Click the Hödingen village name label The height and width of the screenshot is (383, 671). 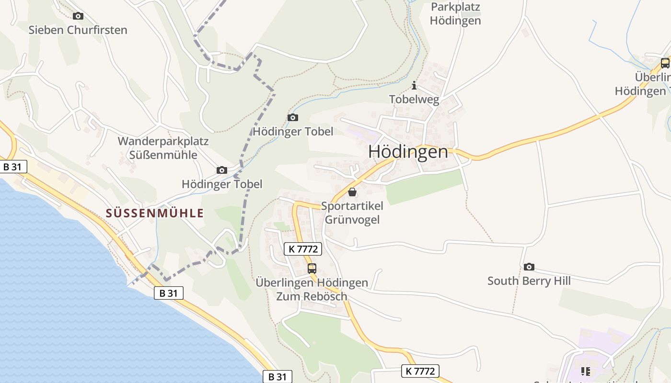point(408,152)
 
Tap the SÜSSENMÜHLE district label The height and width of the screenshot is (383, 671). point(155,213)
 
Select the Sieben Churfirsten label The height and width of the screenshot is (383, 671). point(78,30)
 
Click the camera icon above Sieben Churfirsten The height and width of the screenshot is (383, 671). point(78,16)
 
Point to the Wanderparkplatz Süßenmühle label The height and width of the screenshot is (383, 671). point(163,148)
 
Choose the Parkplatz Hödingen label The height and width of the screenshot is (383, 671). point(455,14)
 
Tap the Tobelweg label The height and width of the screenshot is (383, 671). point(414,99)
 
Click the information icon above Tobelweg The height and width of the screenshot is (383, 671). point(414,86)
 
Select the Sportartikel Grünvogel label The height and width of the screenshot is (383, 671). point(352,213)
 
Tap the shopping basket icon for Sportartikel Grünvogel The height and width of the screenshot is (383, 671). point(352,192)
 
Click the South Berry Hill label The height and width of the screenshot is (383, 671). point(529,281)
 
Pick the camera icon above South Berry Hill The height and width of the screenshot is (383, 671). point(529,267)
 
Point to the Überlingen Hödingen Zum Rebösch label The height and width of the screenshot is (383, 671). point(312,289)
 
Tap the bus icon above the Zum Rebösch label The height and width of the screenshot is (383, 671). point(312,268)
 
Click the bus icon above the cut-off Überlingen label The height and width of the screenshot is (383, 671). point(665,63)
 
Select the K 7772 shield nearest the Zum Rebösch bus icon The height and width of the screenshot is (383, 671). point(303,249)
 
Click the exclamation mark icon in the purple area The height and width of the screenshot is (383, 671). point(585,371)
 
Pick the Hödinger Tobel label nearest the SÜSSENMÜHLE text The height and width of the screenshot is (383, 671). point(222,184)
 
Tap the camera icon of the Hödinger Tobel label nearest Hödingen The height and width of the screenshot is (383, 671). point(292,118)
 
